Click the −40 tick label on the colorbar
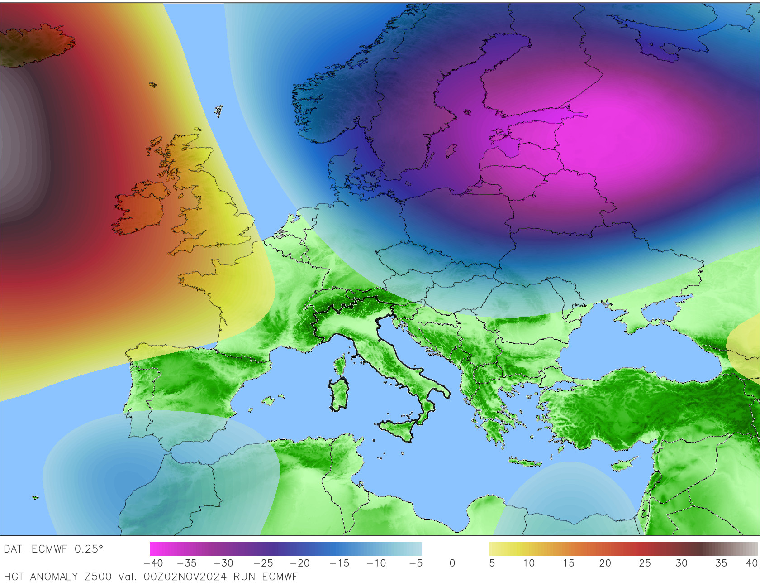coord(153,563)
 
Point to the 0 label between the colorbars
coord(452,563)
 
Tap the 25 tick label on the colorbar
coord(645,563)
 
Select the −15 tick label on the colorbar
coord(339,563)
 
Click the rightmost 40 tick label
coord(751,563)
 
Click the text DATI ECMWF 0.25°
coord(53,549)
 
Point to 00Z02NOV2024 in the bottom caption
coord(185,577)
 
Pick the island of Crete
coord(525,462)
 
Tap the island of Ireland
coord(140,208)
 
